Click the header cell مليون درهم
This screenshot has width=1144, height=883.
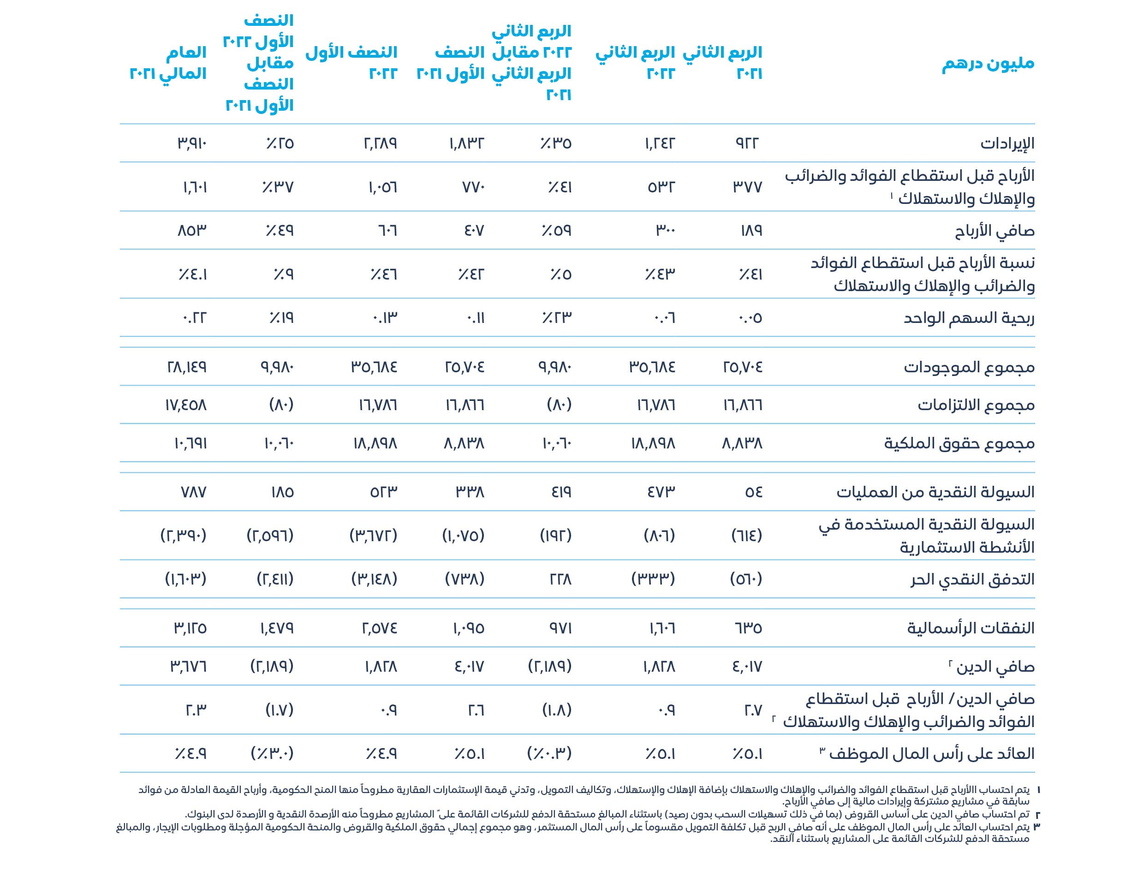988,64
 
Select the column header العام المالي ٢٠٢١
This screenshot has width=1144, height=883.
168,63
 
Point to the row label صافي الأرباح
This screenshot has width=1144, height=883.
994,231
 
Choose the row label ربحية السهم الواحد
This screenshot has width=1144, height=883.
969,318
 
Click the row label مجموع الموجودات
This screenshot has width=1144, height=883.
969,367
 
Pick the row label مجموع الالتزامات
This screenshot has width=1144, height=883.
976,406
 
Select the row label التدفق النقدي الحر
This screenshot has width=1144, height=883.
972,579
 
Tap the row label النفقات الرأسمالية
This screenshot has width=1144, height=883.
971,628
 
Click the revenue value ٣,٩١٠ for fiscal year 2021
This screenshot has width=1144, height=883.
192,143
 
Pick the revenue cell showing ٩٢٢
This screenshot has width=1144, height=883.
747,143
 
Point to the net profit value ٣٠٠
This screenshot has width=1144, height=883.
665,231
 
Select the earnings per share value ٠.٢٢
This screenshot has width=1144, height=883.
194,318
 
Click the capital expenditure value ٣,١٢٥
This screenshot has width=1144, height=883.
190,628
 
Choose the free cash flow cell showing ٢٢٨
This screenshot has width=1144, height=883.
560,579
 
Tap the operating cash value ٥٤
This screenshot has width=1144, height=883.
753,492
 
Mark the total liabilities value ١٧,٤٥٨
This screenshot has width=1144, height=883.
186,406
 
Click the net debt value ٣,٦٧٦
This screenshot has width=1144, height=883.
189,667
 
